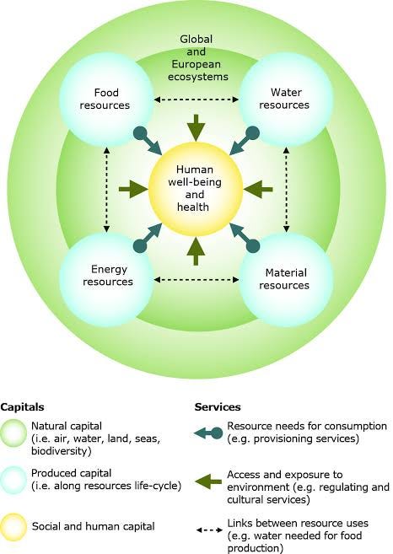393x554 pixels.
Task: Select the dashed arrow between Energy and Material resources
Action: click(x=197, y=279)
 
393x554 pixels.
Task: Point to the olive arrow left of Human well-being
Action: click(x=133, y=191)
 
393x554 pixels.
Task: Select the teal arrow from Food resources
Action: click(x=149, y=141)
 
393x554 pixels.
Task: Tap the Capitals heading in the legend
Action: click(x=21, y=406)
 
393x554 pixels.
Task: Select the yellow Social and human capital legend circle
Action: click(x=16, y=525)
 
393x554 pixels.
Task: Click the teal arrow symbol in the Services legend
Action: click(x=208, y=433)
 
